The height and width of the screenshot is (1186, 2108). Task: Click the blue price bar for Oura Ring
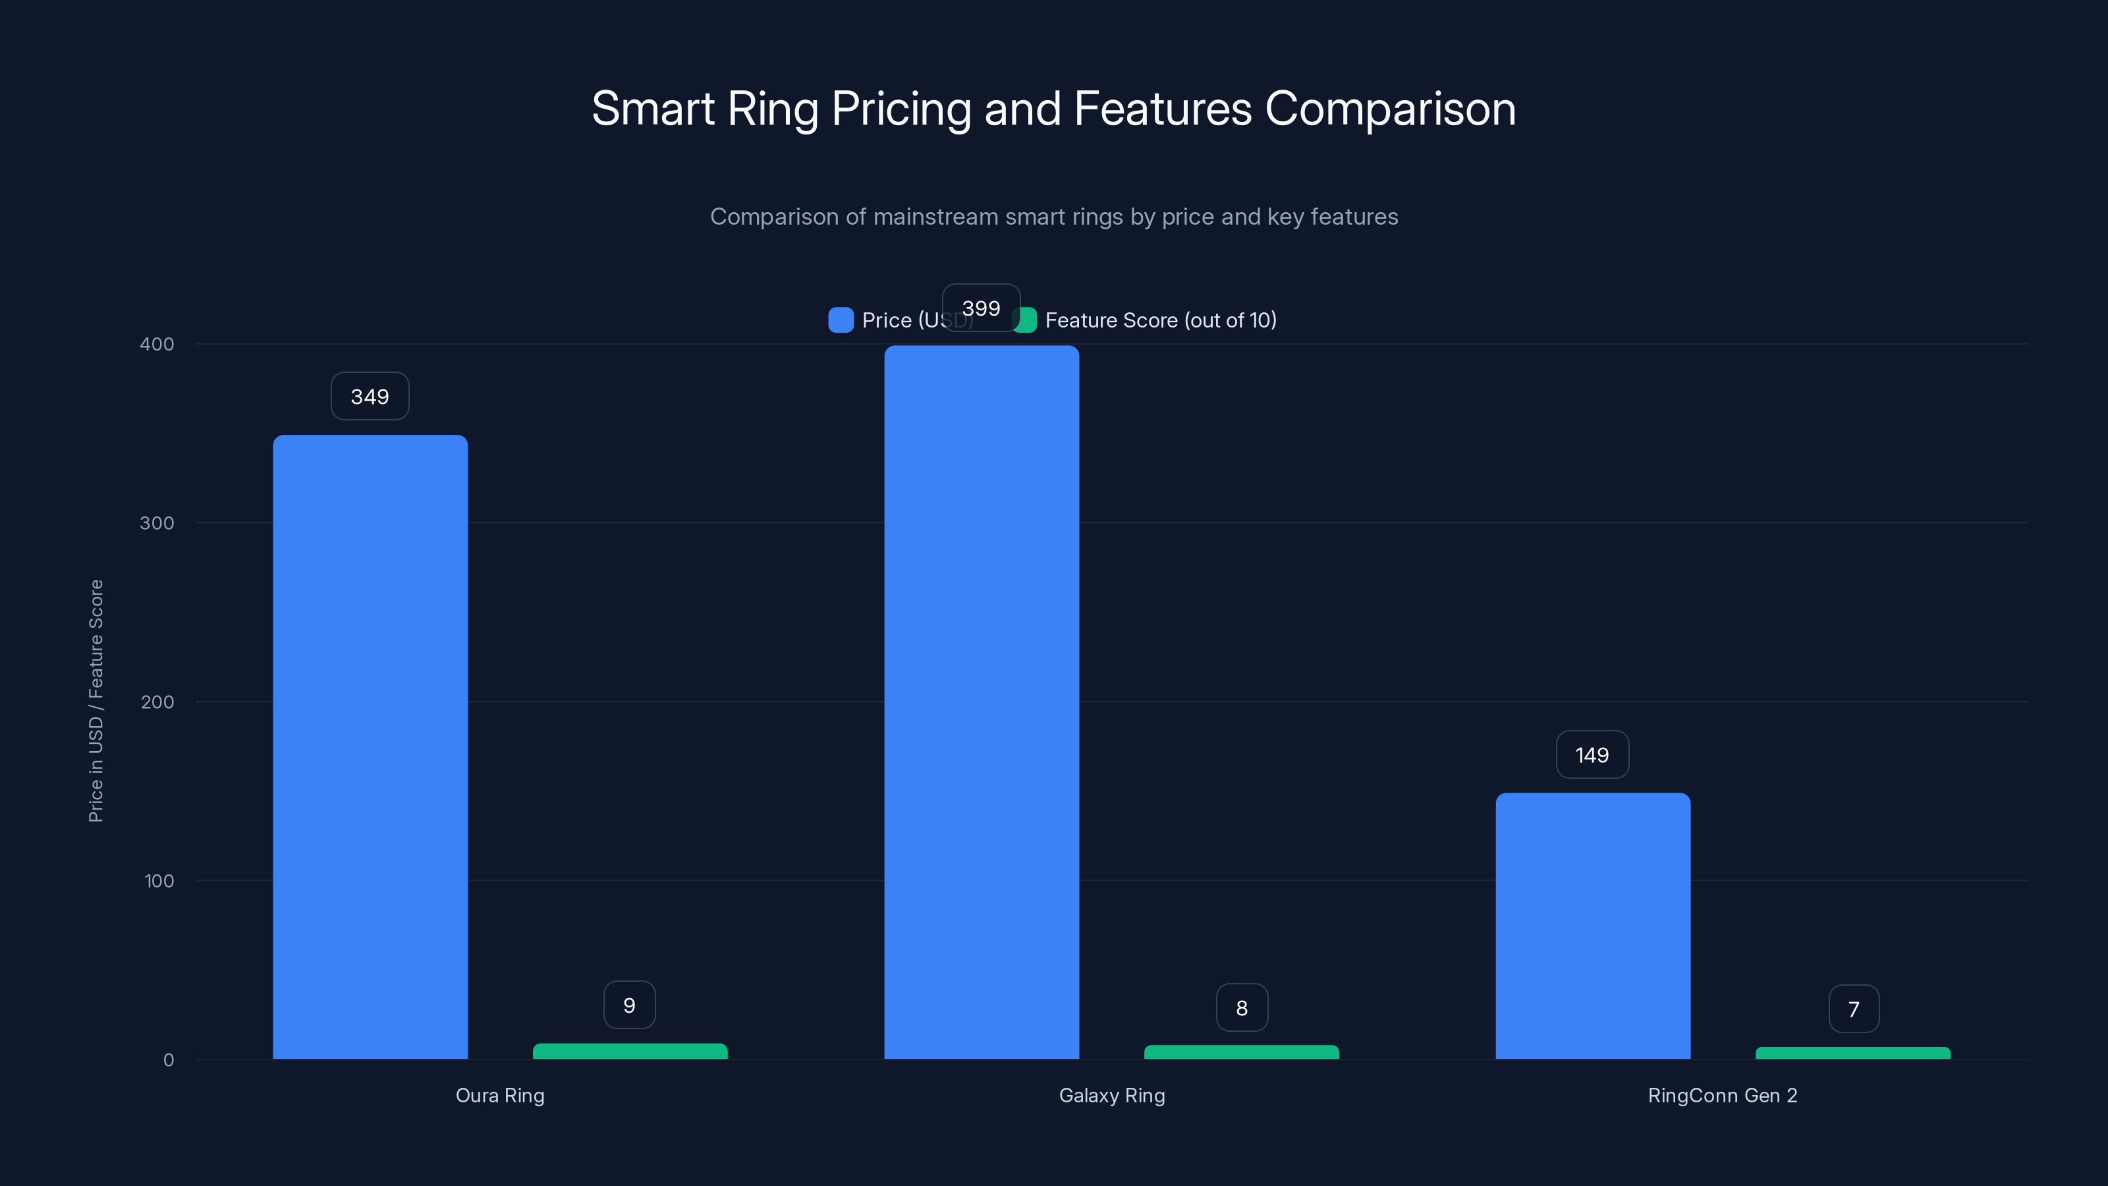[370, 747]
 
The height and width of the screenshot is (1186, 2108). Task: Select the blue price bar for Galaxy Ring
[981, 702]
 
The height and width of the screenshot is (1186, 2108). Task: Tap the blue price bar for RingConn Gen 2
[1592, 925]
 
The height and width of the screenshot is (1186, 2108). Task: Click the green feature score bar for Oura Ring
[629, 1051]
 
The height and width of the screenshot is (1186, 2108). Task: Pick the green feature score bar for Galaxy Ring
[1241, 1052]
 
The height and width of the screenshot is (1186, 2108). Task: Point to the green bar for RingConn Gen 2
[1852, 1053]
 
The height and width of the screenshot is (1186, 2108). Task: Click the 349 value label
[370, 396]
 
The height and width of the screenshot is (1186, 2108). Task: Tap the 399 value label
[981, 308]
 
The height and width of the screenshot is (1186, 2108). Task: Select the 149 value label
[1592, 754]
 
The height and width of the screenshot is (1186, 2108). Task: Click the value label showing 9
[629, 1005]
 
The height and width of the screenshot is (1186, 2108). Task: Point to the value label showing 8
[1241, 1007]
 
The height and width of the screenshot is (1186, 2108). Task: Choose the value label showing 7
[1854, 1009]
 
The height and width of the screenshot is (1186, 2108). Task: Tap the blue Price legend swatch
[841, 320]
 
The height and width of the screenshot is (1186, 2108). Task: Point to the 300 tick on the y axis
[157, 523]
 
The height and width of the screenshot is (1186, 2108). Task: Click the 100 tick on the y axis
[159, 881]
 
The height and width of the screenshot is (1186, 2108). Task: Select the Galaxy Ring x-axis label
[1111, 1095]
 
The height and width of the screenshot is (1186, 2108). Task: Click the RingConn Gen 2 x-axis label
[1723, 1095]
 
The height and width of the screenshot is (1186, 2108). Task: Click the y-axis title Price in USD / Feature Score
[96, 700]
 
